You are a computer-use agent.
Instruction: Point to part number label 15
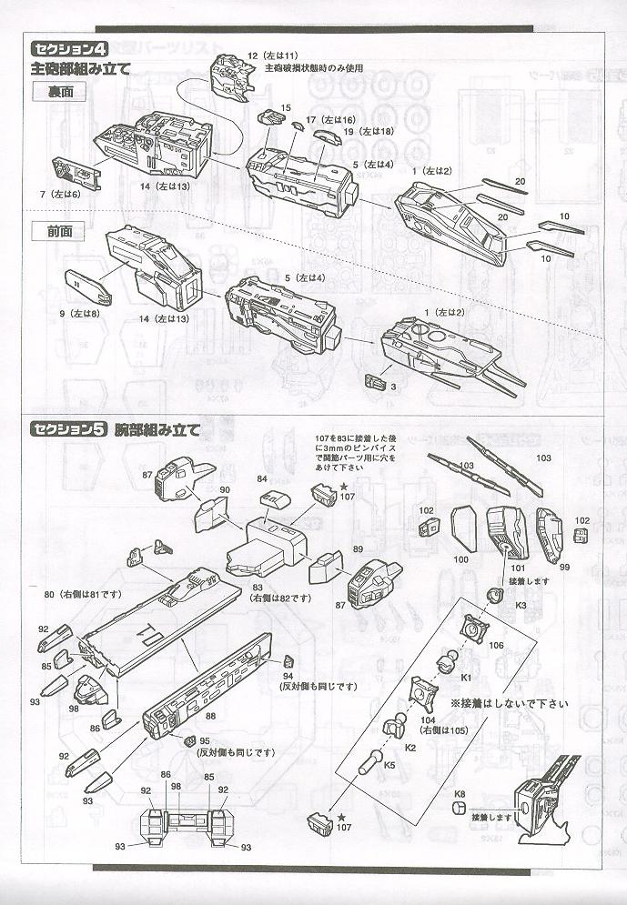[x=286, y=107]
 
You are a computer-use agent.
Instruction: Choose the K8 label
[x=460, y=794]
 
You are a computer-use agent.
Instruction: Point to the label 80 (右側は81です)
[x=88, y=594]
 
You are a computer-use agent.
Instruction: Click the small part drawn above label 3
[x=374, y=379]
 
